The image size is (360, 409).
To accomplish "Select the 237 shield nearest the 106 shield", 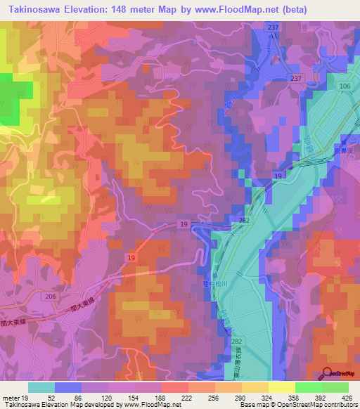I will point(297,78).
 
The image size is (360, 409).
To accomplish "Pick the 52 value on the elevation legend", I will point(53,398).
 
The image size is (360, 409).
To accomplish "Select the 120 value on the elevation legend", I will point(106,398).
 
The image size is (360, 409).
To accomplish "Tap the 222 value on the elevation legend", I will point(186,398).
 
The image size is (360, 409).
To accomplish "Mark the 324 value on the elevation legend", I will point(266,398).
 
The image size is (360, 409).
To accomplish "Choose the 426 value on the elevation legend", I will point(347,398).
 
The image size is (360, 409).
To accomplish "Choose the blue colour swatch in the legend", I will point(68,387).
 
